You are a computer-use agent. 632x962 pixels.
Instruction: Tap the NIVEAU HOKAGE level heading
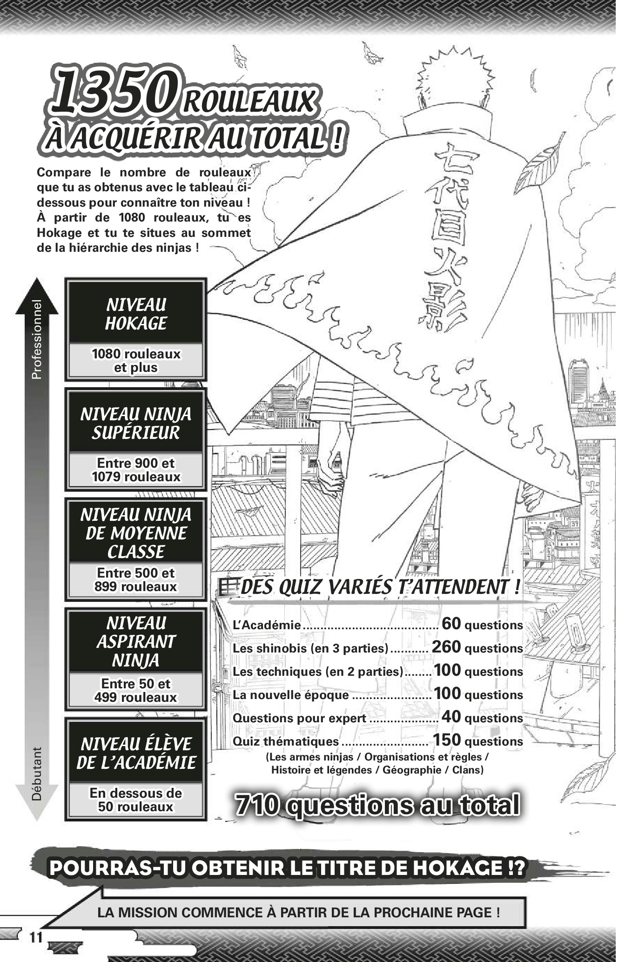pos(135,314)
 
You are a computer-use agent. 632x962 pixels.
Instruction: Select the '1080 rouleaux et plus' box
pos(135,361)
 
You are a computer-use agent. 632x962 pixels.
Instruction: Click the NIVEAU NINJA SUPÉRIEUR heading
pos(135,423)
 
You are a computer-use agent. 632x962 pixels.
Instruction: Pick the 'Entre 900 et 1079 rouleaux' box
pos(135,470)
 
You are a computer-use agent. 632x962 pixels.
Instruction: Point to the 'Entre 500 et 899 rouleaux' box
pos(135,579)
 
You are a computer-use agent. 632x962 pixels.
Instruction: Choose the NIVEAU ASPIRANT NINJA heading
pos(135,641)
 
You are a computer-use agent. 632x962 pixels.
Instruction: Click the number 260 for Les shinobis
pos(446,647)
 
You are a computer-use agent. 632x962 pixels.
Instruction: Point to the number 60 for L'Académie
pos(451,624)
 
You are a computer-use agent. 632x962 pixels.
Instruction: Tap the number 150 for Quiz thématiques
pos(447,740)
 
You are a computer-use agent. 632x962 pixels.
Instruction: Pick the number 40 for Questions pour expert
pos(451,717)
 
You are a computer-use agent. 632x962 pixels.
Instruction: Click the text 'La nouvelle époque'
pos(290,695)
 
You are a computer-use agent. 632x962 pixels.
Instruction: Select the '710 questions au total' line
pos(377,805)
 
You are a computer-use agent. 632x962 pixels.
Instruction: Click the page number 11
pos(36,936)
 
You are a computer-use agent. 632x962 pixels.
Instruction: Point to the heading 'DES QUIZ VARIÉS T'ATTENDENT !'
pos(379,587)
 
